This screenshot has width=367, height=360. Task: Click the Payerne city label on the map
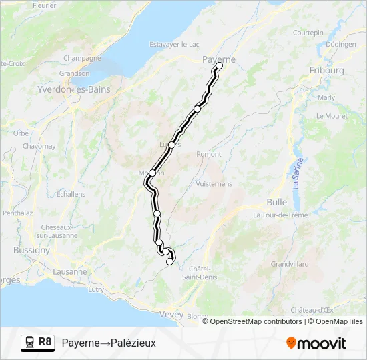[x=218, y=59]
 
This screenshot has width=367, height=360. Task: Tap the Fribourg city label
[x=326, y=70]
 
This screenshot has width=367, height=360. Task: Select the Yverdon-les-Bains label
[x=73, y=89]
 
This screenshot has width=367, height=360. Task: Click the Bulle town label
[x=276, y=201]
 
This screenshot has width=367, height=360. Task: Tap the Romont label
[x=208, y=154]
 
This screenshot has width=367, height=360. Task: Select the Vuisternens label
[x=214, y=183]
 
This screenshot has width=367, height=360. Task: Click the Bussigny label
[x=31, y=251]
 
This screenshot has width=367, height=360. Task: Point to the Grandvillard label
[x=290, y=264]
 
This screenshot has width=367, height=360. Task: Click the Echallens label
[x=71, y=194]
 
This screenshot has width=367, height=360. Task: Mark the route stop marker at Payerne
[x=219, y=65]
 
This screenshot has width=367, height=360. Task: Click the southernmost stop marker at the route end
[x=169, y=261]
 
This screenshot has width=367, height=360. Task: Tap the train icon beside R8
[x=29, y=343]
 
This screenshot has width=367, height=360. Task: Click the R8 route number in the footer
[x=45, y=342]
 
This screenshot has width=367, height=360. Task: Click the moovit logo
[x=316, y=343]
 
